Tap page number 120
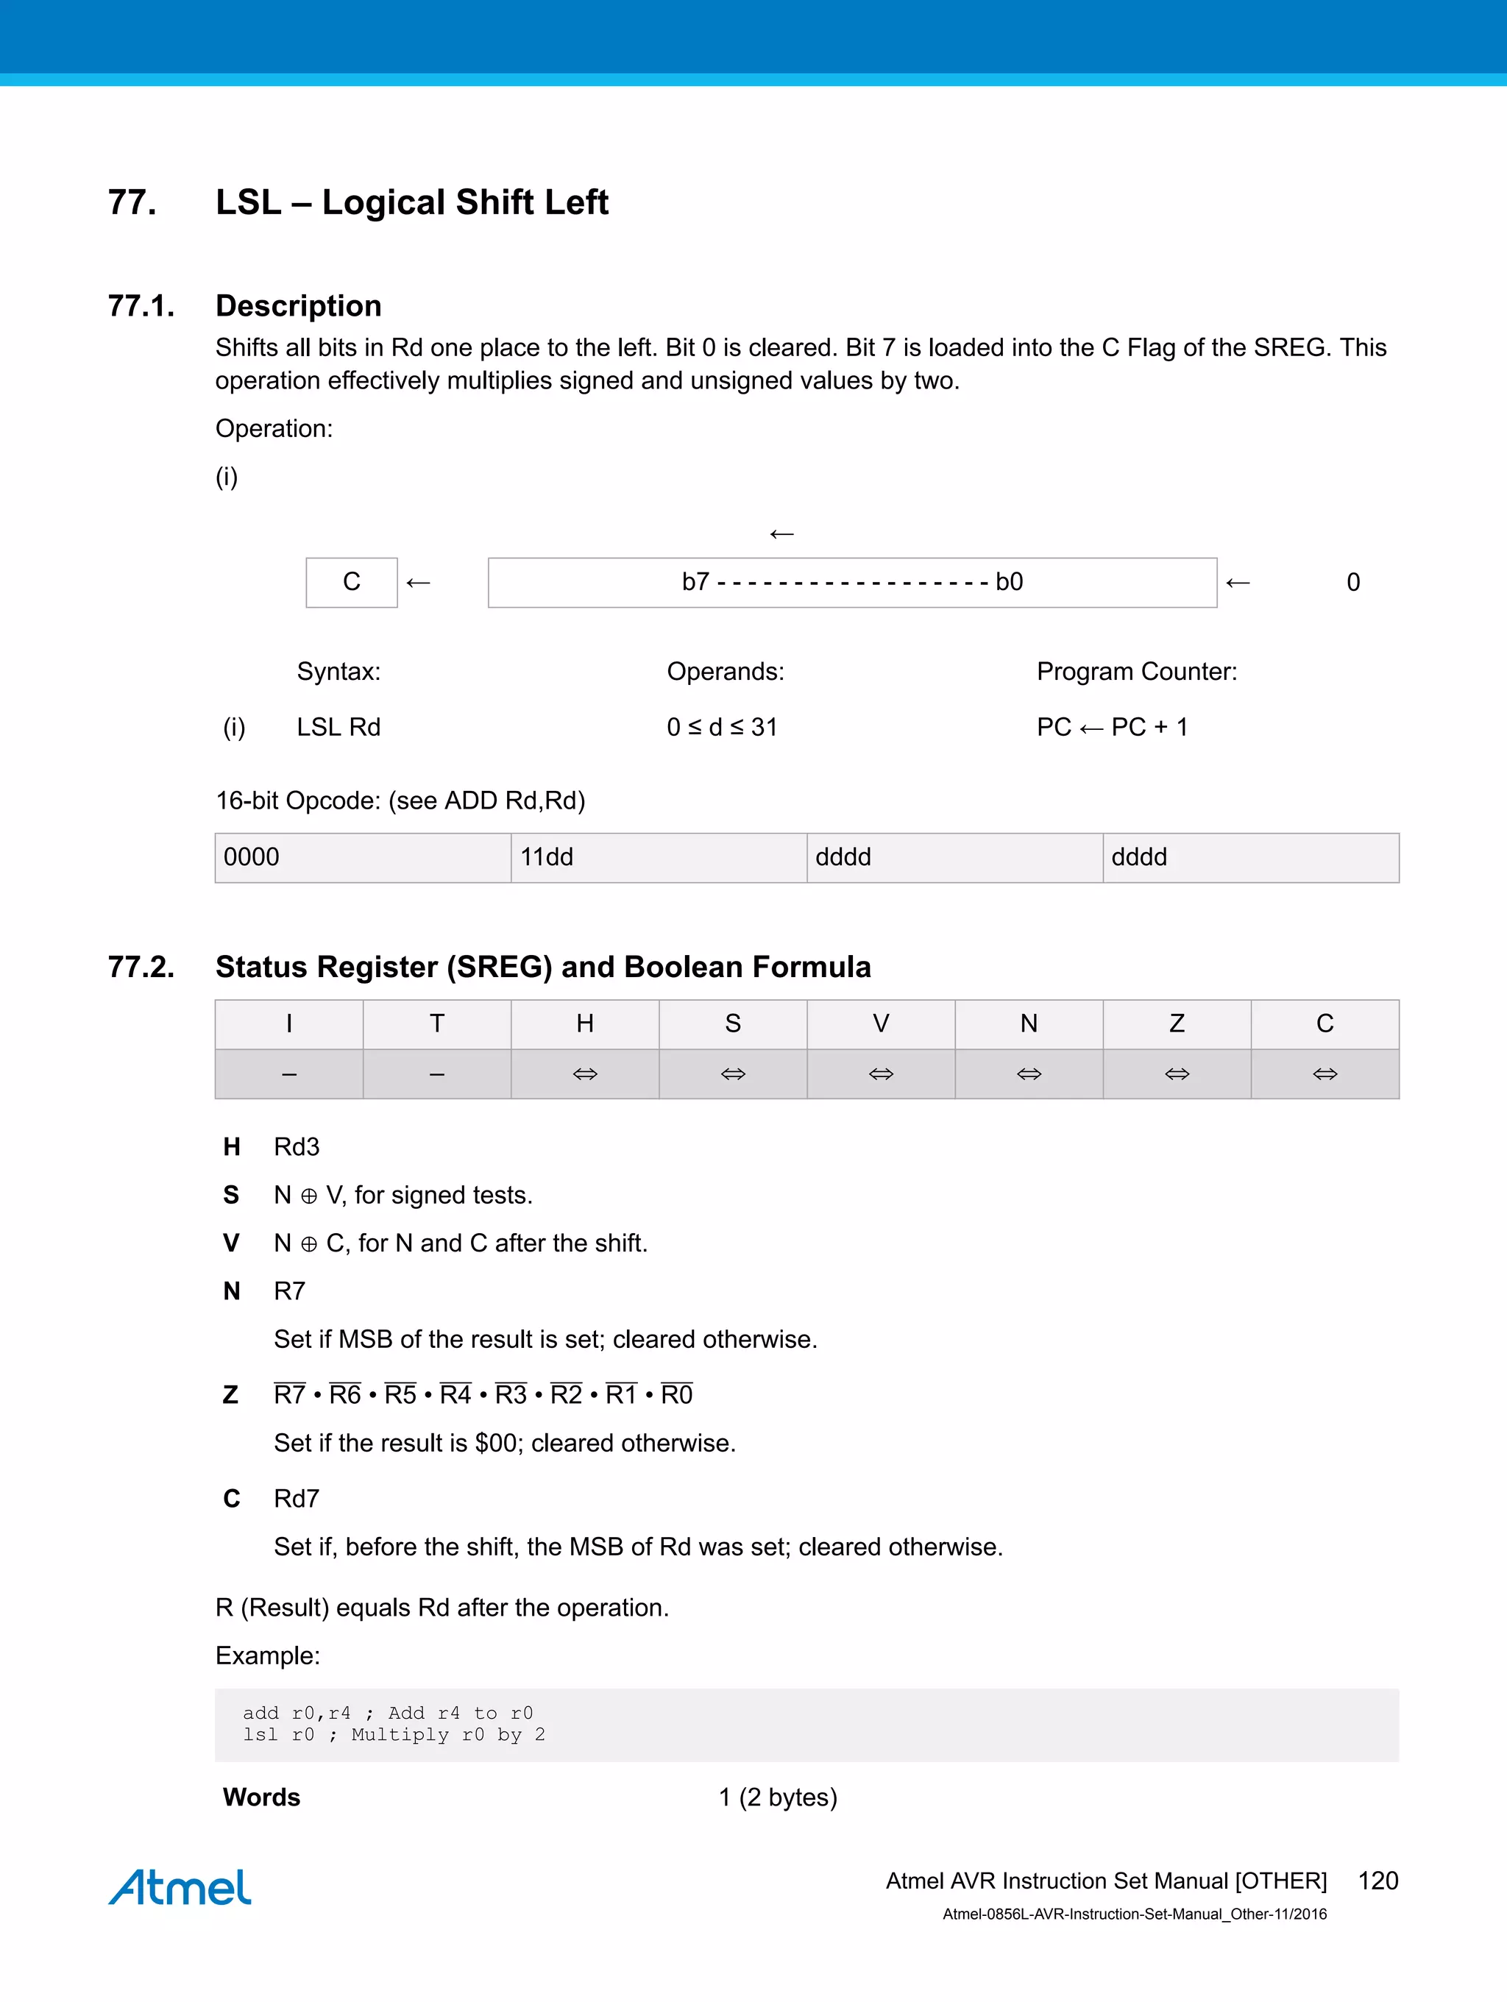[1377, 1881]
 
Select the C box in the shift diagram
[351, 582]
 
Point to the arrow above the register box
[781, 534]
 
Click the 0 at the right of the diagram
[1352, 582]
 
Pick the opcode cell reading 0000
[362, 857]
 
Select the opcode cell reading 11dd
[658, 857]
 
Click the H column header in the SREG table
[585, 1023]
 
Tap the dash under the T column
[436, 1074]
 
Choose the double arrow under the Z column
[1177, 1074]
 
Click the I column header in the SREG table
[288, 1023]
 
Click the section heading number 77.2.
[141, 967]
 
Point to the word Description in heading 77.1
[298, 306]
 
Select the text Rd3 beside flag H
[297, 1147]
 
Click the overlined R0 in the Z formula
[676, 1395]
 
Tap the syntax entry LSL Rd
[338, 727]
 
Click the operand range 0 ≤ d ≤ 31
[721, 727]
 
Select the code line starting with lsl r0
[393, 1735]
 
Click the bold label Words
[261, 1797]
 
